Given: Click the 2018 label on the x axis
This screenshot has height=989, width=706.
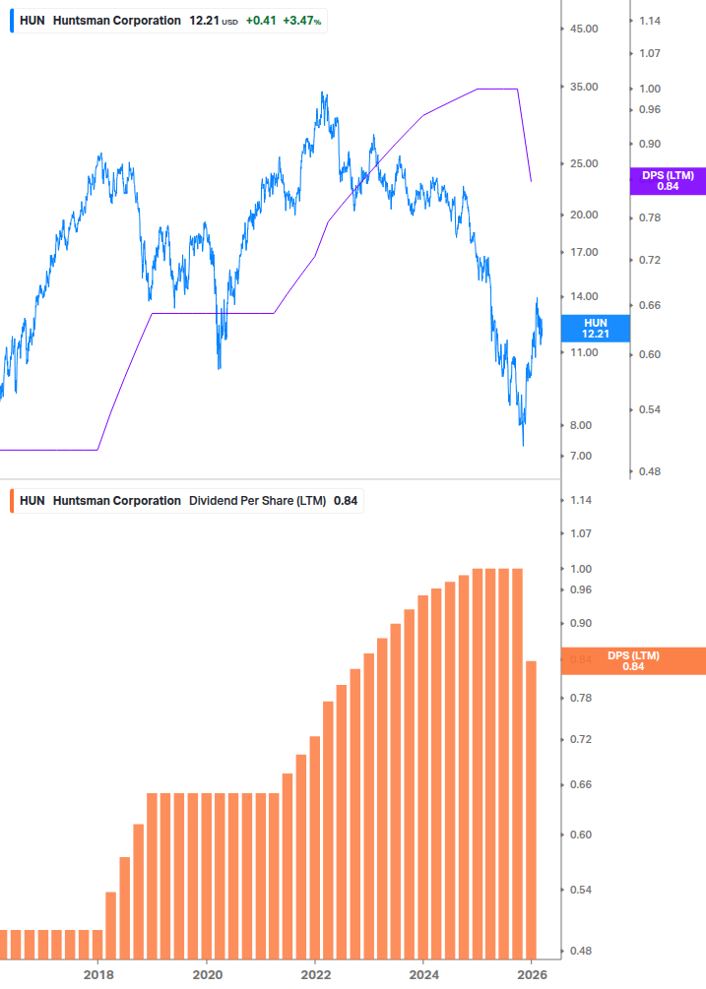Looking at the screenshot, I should pyautogui.click(x=97, y=973).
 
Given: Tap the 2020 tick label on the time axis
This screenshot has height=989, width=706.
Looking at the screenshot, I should pyautogui.click(x=207, y=973).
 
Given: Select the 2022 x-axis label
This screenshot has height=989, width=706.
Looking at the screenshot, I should pyautogui.click(x=315, y=973).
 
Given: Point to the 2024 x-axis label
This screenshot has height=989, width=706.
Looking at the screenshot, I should pyautogui.click(x=422, y=973).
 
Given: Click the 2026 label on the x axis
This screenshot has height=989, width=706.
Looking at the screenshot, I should pyautogui.click(x=531, y=973).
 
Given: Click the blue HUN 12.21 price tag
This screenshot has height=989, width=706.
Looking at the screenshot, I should pyautogui.click(x=595, y=329).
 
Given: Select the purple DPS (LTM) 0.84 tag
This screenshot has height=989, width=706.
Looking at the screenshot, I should pyautogui.click(x=668, y=180).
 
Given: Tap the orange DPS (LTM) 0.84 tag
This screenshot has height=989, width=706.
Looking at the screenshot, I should pyautogui.click(x=632, y=660).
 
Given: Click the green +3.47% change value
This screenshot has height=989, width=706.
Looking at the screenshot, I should pyautogui.click(x=302, y=21).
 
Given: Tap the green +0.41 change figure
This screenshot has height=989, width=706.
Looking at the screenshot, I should pyautogui.click(x=261, y=21).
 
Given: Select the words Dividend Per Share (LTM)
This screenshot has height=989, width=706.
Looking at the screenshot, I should pyautogui.click(x=257, y=501).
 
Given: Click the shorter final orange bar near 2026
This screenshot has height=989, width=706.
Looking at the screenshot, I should pyautogui.click(x=531, y=807).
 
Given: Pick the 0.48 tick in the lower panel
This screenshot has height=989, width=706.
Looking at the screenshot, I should pyautogui.click(x=581, y=951).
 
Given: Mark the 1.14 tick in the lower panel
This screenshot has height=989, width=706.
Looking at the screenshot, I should pyautogui.click(x=581, y=500).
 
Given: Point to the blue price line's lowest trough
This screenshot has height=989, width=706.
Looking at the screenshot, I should pyautogui.click(x=523, y=445).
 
